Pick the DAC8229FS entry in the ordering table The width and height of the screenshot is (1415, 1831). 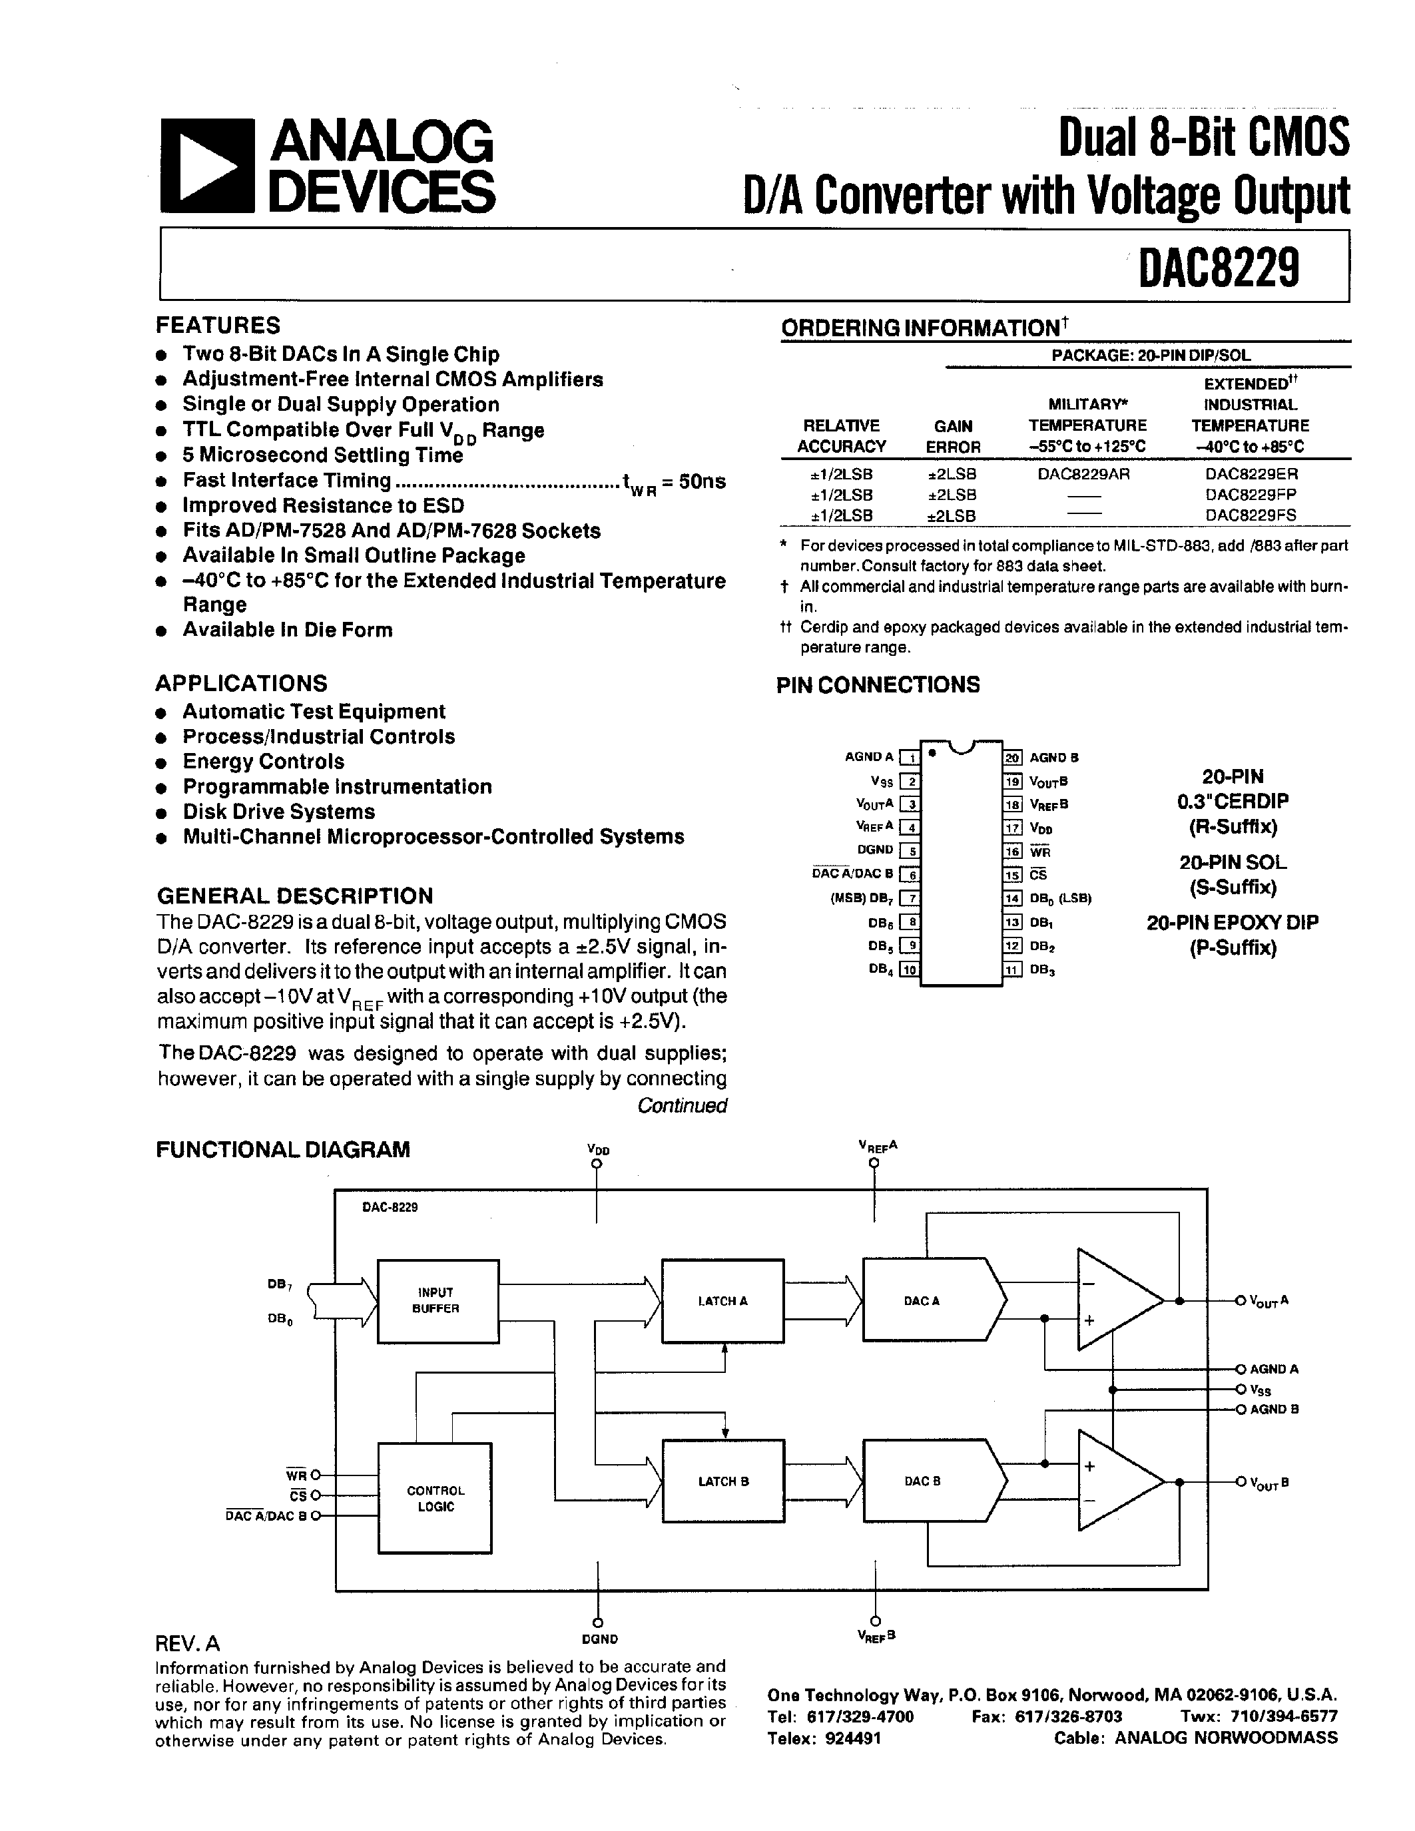[1251, 515]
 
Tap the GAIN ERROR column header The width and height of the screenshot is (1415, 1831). [953, 436]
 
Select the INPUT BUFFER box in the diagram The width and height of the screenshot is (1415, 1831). [437, 1300]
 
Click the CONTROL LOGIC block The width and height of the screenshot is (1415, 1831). [435, 1498]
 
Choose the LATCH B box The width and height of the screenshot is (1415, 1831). [722, 1481]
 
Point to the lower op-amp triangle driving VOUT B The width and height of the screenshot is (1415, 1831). [1113, 1481]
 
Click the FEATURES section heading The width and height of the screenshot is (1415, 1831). [218, 326]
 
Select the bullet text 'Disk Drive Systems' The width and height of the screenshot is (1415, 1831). [278, 812]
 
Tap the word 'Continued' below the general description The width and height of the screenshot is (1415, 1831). [681, 1105]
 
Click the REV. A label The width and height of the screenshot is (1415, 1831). [188, 1643]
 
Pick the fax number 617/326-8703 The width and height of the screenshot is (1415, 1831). [1068, 1716]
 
